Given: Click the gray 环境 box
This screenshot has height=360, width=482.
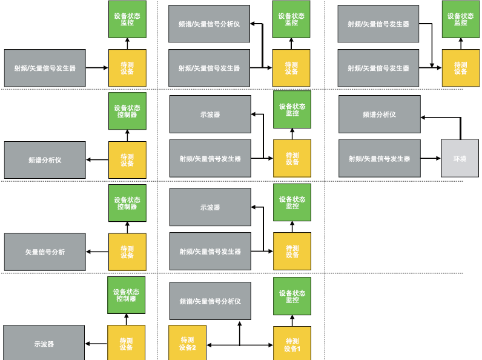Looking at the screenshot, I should pyautogui.click(x=460, y=158).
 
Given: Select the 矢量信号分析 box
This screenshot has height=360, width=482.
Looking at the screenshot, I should pyautogui.click(x=45, y=252).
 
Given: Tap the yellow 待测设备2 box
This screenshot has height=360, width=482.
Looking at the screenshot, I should pyautogui.click(x=187, y=344).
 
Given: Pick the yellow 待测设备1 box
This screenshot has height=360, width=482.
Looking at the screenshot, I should pyautogui.click(x=292, y=344).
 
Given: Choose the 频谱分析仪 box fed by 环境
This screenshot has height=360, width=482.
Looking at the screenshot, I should pyautogui.click(x=379, y=114).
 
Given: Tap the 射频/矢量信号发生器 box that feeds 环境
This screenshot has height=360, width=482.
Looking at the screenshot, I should pyautogui.click(x=379, y=158).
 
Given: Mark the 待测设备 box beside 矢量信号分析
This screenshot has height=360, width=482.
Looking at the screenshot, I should pyautogui.click(x=127, y=252).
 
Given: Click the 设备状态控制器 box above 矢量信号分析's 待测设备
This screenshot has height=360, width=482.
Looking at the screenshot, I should pyautogui.click(x=127, y=202).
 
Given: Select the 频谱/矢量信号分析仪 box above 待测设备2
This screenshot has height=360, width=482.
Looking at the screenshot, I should pyautogui.click(x=210, y=301).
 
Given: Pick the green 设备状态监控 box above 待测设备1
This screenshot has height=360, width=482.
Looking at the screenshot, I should pyautogui.click(x=292, y=296).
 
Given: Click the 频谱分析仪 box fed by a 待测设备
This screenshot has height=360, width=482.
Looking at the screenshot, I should pyautogui.click(x=45, y=160).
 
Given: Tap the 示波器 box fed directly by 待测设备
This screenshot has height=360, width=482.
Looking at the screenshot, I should pyautogui.click(x=44, y=344).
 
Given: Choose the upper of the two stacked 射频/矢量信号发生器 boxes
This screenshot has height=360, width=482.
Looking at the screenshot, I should pyautogui.click(x=378, y=24).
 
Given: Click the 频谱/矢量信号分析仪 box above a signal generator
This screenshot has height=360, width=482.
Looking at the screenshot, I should pyautogui.click(x=210, y=24).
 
